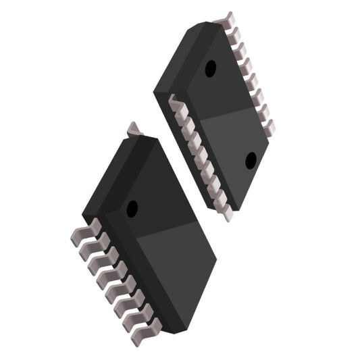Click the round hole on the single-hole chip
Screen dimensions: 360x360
coord(132,208)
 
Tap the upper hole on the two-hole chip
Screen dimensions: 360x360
coord(211,68)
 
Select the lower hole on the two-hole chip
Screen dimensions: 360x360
coord(251,160)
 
